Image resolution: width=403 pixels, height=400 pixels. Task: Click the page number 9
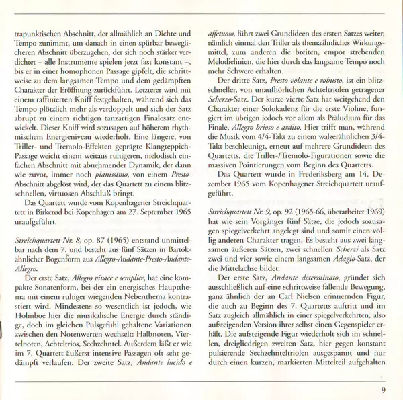click(x=382, y=388)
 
